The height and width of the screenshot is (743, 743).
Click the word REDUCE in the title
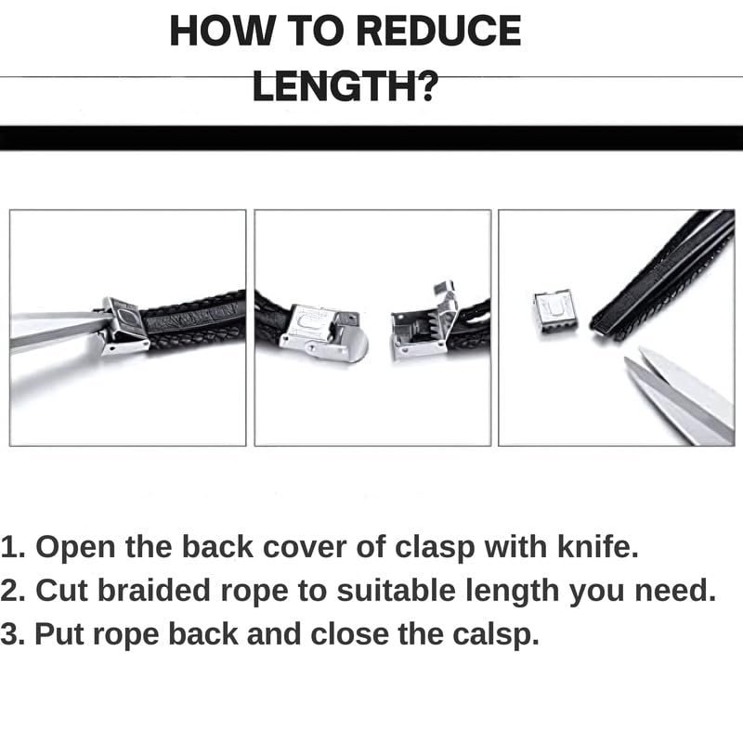[438, 31]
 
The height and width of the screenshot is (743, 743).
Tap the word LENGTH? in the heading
[345, 85]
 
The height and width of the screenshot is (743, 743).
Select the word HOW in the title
[223, 31]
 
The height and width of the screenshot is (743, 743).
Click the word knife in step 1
[597, 546]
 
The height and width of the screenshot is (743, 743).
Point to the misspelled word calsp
[496, 634]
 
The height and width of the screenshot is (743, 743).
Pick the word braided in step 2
[153, 591]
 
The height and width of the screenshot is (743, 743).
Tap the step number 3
[11, 634]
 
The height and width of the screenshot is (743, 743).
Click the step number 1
[11, 547]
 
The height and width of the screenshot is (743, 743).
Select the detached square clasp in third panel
[555, 311]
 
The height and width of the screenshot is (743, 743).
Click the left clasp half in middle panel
[323, 331]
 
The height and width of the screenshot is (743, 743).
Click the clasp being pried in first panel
[124, 327]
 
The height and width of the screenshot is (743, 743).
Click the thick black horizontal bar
[371, 138]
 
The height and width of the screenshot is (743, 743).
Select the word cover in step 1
[305, 547]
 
